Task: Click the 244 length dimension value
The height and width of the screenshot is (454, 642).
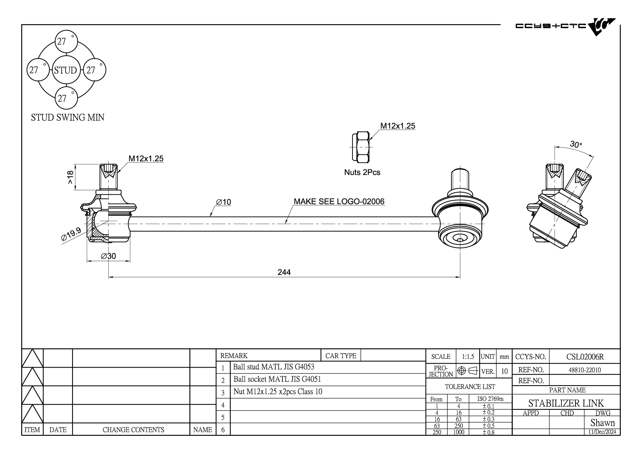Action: [x=284, y=272]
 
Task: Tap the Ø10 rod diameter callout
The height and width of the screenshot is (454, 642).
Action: [x=224, y=202]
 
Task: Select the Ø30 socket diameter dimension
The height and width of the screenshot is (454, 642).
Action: [x=108, y=256]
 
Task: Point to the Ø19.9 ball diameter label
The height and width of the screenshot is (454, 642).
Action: [x=71, y=234]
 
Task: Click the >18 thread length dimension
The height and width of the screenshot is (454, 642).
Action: [x=70, y=177]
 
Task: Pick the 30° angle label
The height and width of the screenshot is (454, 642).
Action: [x=576, y=145]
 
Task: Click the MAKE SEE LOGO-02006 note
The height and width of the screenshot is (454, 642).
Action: [x=339, y=201]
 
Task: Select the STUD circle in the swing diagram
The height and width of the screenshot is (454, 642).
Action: [x=66, y=70]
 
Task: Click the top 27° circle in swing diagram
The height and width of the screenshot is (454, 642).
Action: [x=66, y=41]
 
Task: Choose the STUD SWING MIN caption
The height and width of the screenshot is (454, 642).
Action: [x=68, y=118]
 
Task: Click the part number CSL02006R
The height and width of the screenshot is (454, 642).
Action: [x=585, y=357]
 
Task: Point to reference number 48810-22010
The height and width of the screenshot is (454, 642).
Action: [x=585, y=370]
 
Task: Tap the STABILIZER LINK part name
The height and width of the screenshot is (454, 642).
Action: [x=566, y=403]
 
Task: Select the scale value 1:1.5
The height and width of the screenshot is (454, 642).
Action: [x=468, y=357]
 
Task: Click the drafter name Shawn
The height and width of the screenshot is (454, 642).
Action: [x=602, y=423]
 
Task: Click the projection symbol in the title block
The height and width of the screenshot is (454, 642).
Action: [x=468, y=371]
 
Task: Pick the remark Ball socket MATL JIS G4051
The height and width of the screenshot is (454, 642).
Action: [x=277, y=379]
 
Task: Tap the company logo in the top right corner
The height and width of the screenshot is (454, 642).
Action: [x=565, y=26]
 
